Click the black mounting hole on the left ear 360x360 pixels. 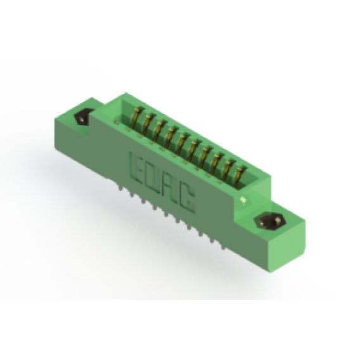[83, 117]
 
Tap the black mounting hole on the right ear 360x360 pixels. [270, 222]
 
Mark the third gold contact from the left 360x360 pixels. [159, 130]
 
